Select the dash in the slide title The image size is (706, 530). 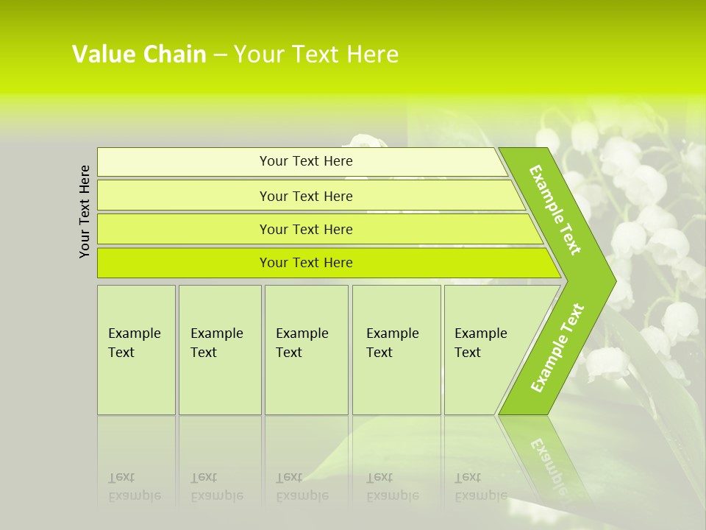coord(220,55)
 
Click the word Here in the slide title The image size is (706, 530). coord(372,54)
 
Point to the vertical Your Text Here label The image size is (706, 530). coord(85,211)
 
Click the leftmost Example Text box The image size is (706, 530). coord(136,350)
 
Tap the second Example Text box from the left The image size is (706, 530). coord(220,350)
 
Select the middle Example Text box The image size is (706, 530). coord(306,350)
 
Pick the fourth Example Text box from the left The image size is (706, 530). coord(396,350)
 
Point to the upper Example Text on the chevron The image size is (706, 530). coord(555,210)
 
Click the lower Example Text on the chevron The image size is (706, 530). coord(557,347)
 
